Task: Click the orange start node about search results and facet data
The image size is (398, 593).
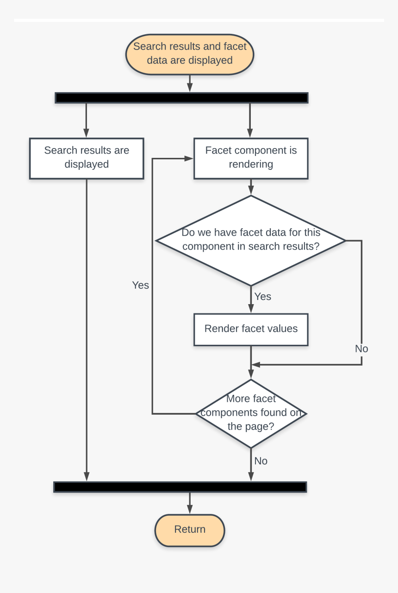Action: click(190, 54)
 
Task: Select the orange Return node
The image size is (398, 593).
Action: click(190, 530)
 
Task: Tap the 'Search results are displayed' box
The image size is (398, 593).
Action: click(87, 158)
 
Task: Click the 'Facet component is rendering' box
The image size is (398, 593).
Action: click(251, 158)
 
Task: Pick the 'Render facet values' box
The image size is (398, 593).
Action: click(251, 330)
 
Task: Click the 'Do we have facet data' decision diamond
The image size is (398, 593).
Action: click(251, 240)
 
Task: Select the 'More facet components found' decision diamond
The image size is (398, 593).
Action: click(251, 413)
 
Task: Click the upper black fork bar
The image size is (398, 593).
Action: click(181, 98)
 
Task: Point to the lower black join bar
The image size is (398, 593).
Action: click(180, 487)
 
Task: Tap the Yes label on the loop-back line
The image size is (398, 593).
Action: click(140, 285)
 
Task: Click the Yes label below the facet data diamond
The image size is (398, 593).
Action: click(263, 297)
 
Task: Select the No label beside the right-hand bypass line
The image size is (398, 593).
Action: click(361, 349)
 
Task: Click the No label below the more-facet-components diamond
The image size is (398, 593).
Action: click(261, 461)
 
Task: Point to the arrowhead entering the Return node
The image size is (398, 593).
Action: click(190, 510)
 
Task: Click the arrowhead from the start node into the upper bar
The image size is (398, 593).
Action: click(190, 88)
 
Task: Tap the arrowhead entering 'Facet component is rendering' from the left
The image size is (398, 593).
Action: click(189, 158)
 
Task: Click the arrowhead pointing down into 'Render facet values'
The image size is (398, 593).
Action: click(251, 309)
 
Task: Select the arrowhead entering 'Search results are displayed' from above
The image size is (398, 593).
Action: click(87, 133)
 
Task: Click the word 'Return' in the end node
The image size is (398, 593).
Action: click(190, 530)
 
